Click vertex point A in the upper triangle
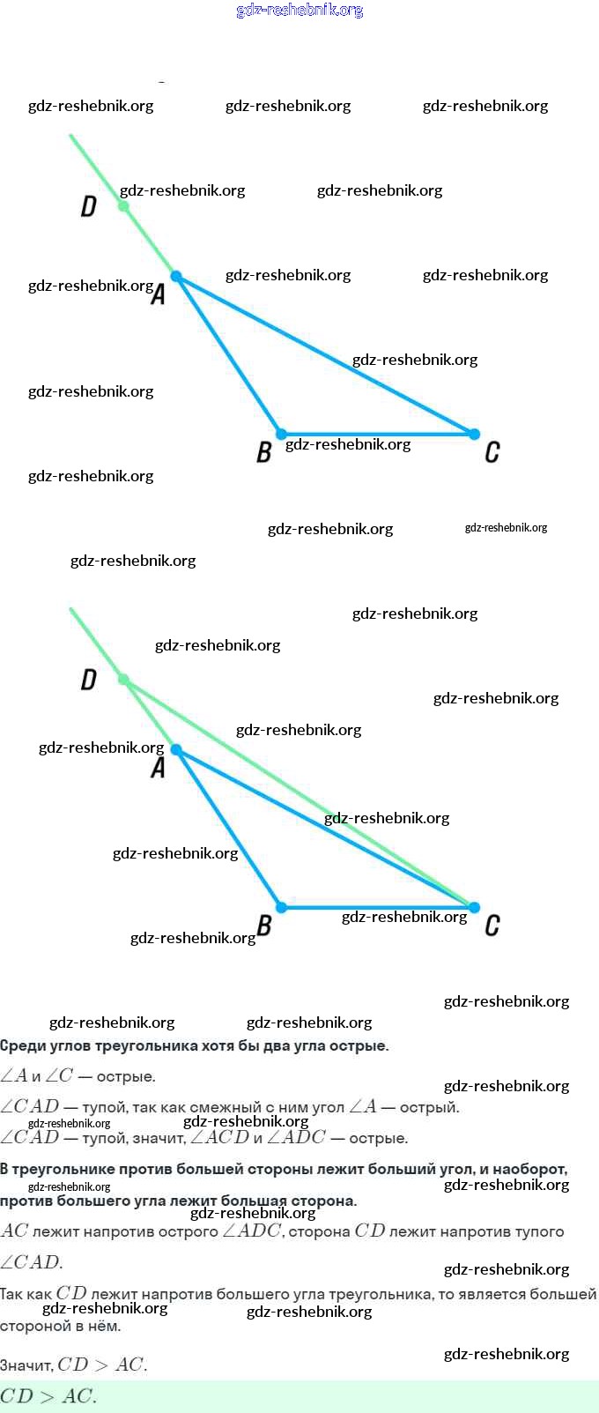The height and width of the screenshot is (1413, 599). click(176, 277)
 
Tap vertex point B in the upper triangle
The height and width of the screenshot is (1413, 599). click(281, 434)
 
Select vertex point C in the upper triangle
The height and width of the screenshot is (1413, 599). click(474, 434)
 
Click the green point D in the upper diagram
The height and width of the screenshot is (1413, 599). click(123, 206)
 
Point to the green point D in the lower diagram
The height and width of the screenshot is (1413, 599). click(123, 680)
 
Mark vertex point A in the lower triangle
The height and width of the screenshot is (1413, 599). click(176, 750)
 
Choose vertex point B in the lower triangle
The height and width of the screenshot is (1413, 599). click(281, 907)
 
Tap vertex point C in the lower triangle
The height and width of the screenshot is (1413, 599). click(474, 907)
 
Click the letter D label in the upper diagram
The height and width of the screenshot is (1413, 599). click(88, 206)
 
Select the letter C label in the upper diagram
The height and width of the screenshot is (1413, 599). click(492, 452)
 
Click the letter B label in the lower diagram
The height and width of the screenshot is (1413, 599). click(263, 926)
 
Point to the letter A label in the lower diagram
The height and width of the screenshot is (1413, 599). click(159, 768)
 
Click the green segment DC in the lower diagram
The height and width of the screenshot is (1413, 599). click(299, 793)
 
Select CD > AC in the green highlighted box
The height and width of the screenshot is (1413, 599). click(48, 1396)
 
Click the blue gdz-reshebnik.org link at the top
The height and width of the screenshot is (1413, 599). click(299, 11)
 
